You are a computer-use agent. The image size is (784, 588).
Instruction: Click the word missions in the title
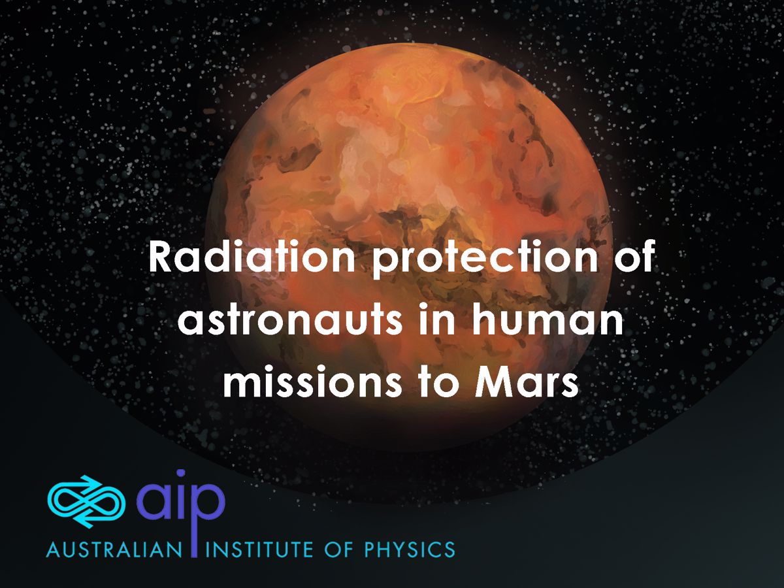315,381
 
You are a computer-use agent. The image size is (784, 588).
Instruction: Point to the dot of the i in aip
181,474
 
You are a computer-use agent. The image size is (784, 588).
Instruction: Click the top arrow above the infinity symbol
90,482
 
